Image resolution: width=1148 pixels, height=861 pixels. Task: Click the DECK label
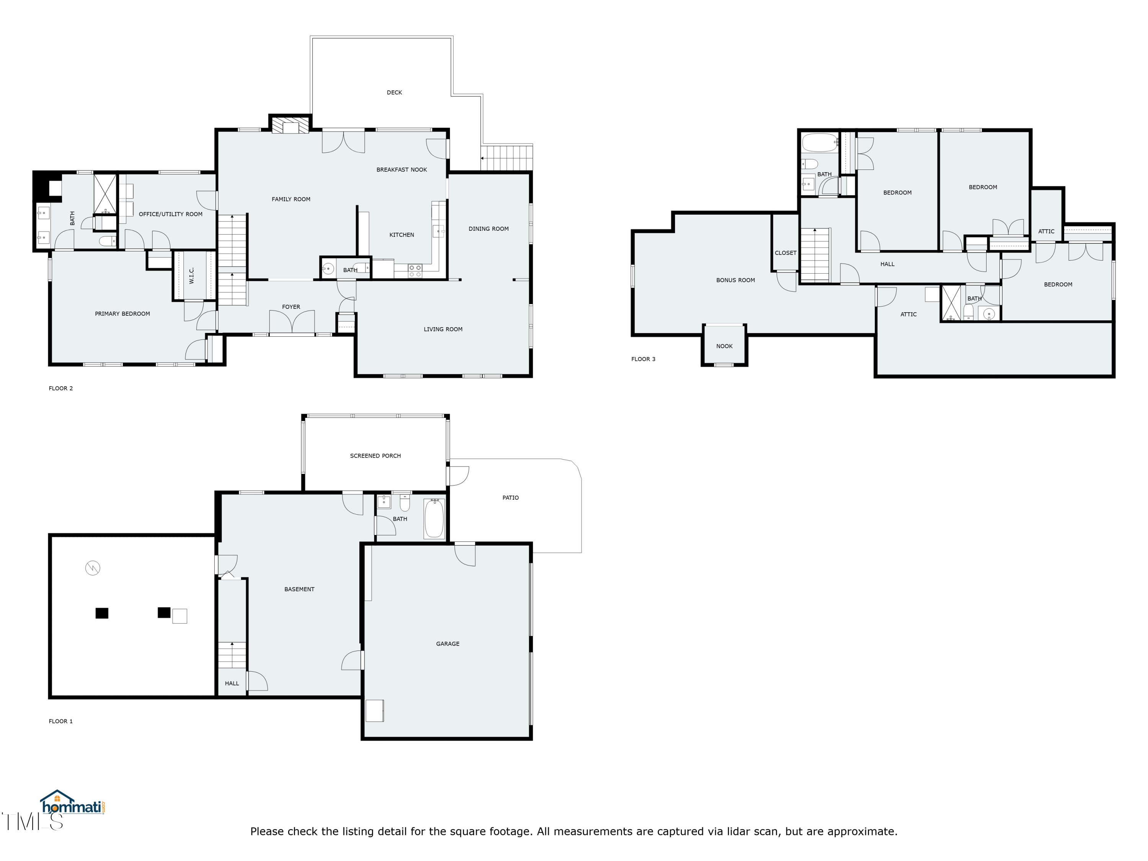pos(395,92)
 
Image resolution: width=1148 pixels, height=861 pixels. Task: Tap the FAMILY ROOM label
pos(291,199)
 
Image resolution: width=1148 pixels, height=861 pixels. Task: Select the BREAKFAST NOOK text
pos(402,170)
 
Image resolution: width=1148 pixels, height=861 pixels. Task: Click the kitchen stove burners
pos(415,271)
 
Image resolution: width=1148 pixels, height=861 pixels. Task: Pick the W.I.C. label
pos(191,276)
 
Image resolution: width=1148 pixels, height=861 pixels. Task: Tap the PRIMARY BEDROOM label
pos(122,314)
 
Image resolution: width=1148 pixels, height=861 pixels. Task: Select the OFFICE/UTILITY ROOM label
pos(171,214)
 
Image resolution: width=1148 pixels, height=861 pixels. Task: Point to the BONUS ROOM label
pos(735,280)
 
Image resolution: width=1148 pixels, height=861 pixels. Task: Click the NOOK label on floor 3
pos(724,346)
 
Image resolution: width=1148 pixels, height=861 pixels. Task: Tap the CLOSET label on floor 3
pos(786,253)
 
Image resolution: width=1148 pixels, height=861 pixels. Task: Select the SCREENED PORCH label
pos(375,456)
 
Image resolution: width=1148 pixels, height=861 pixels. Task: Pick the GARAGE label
pos(448,644)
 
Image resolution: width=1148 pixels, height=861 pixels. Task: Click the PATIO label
pos(511,498)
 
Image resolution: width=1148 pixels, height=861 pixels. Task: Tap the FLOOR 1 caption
pos(61,721)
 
